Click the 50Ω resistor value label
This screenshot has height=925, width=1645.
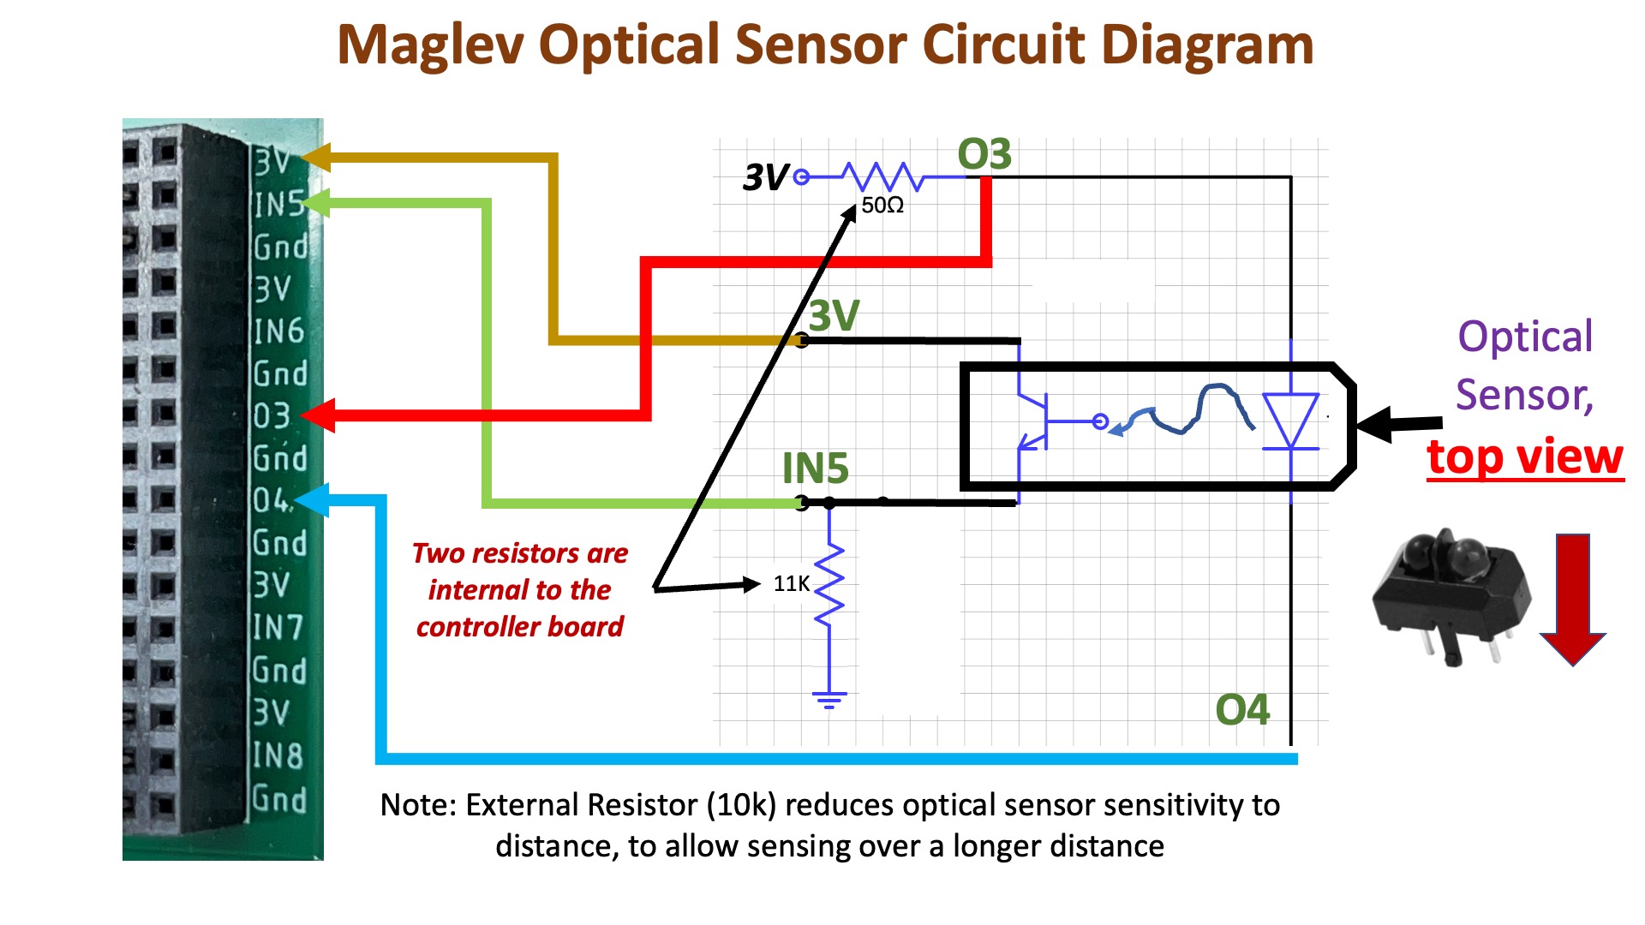(x=882, y=206)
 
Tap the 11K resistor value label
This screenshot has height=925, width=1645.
(x=791, y=584)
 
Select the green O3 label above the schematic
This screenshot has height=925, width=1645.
(x=984, y=155)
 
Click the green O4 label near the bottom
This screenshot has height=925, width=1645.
(x=1242, y=710)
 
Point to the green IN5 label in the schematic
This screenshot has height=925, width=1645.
(x=815, y=468)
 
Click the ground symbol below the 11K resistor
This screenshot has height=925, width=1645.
(x=829, y=700)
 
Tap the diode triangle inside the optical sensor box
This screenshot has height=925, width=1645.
(x=1290, y=421)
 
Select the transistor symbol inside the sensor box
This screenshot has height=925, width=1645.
(x=1034, y=421)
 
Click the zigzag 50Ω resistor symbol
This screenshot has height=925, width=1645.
(x=882, y=176)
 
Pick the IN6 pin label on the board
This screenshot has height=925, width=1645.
(x=279, y=331)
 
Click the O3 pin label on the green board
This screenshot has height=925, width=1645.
(x=272, y=415)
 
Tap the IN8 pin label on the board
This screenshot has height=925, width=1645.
(x=278, y=755)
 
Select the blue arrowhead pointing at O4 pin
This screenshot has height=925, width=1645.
(x=313, y=499)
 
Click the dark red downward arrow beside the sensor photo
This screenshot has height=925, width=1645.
(x=1572, y=600)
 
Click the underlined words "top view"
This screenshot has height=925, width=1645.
(x=1525, y=457)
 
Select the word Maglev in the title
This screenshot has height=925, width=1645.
(x=430, y=45)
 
